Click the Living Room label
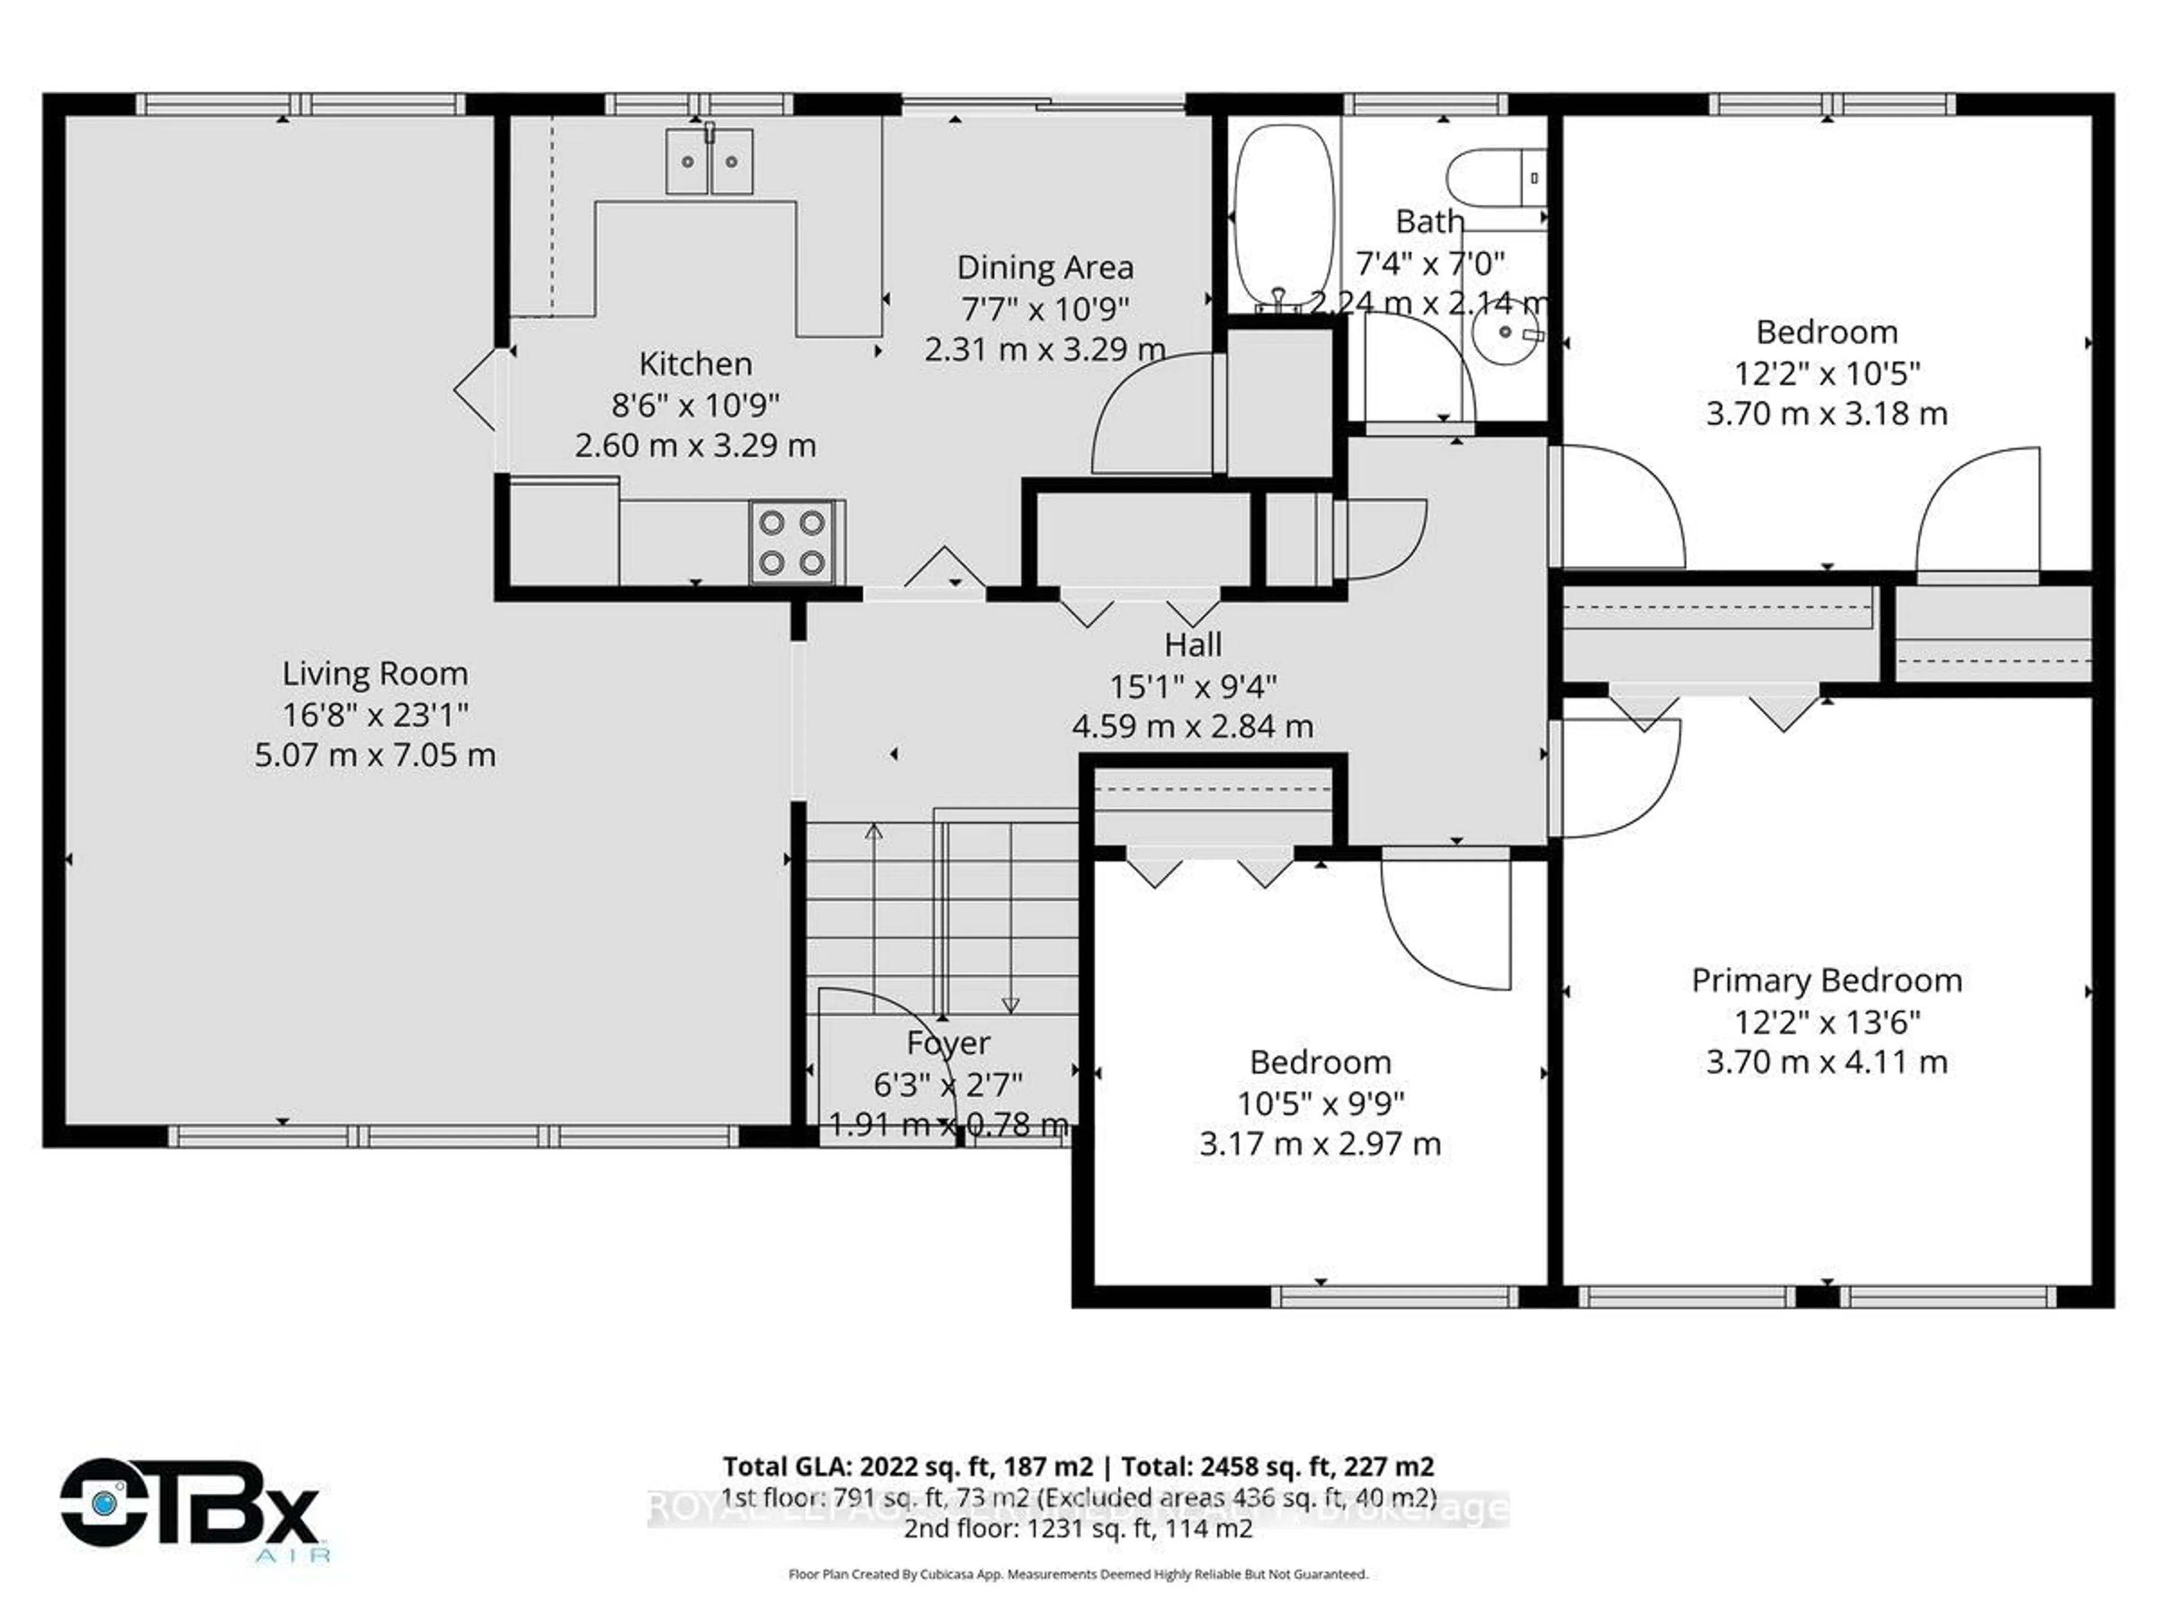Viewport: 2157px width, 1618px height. point(375,674)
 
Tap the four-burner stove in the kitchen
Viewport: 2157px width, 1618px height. point(792,542)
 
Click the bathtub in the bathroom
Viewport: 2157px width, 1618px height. point(1284,220)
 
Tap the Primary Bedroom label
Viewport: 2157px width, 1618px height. point(1827,980)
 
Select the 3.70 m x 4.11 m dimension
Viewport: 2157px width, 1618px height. point(1827,1062)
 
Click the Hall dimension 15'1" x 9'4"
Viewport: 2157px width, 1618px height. point(1193,687)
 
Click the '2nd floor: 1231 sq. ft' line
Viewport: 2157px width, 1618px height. point(1077,1528)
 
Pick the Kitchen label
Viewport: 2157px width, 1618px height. point(695,364)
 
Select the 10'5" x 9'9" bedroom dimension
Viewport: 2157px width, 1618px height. point(1321,1103)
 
